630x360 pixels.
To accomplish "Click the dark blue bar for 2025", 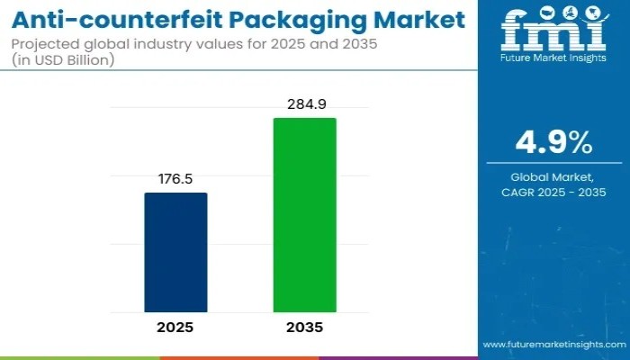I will point(175,252).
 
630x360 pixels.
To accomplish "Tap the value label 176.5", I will point(175,179).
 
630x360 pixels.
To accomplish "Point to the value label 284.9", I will point(305,104).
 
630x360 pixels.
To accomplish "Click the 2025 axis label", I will point(175,328).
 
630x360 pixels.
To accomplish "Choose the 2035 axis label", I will point(305,328).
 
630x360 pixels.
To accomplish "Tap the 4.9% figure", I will point(552,143).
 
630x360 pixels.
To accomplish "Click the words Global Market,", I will point(552,176).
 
